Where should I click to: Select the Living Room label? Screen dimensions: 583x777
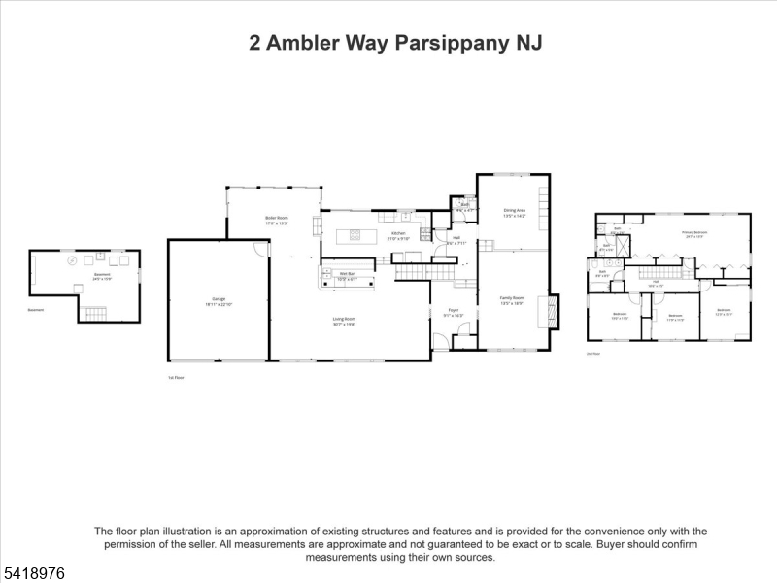pos(344,322)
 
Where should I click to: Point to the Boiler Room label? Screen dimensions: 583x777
pos(277,220)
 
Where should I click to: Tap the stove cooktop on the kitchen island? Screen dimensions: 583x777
pos(355,234)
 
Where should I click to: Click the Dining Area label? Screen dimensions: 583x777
pos(514,212)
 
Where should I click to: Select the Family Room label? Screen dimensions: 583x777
pos(512,299)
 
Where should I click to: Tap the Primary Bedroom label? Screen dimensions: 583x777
pos(693,234)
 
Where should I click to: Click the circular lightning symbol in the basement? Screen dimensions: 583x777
pos(71,260)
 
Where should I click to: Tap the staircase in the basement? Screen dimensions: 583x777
pos(93,313)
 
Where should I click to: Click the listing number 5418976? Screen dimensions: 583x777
pos(33,573)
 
